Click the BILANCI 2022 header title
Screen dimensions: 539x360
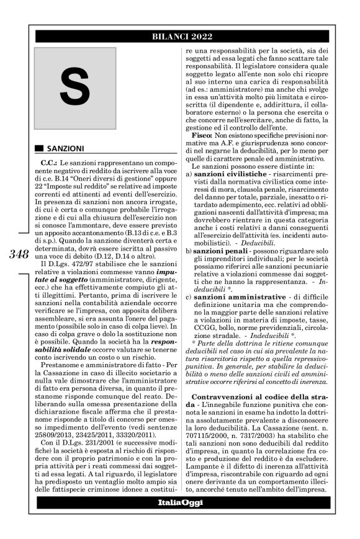[180, 37]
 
